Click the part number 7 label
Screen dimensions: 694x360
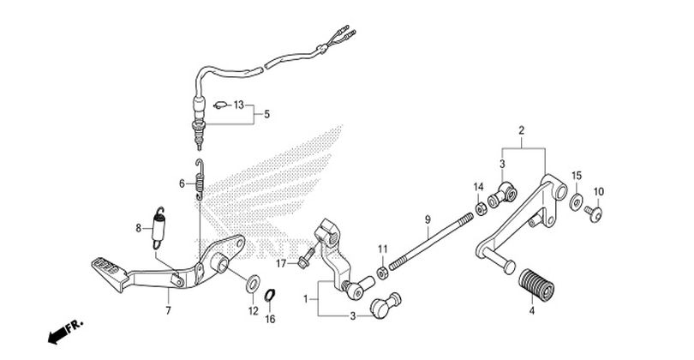[x=168, y=311]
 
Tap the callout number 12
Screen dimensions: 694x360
[x=253, y=311]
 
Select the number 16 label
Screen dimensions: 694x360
[x=270, y=319]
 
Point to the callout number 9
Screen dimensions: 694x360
[x=428, y=219]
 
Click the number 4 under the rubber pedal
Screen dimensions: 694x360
[x=532, y=311]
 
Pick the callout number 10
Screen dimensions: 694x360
[x=598, y=192]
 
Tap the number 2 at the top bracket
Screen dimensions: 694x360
[x=522, y=130]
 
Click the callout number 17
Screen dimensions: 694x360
[x=282, y=264]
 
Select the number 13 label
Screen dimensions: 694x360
[x=239, y=105]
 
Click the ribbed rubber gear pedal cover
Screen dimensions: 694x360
[x=536, y=285]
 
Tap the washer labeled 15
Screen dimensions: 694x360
[x=576, y=202]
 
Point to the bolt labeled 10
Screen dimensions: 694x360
[x=594, y=214]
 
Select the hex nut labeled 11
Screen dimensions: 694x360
[x=382, y=273]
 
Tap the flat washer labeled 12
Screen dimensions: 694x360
[x=253, y=284]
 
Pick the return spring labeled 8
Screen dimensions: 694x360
[x=159, y=228]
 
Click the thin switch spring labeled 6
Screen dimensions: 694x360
[x=200, y=180]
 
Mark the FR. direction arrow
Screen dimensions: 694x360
[x=64, y=332]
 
